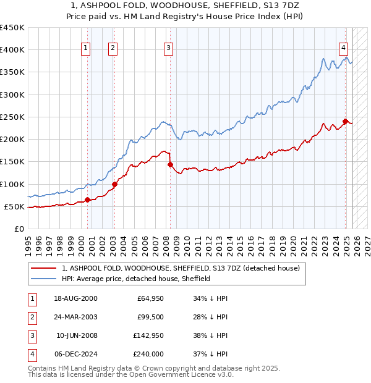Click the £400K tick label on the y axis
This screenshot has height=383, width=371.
point(12,50)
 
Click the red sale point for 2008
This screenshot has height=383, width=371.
point(169,164)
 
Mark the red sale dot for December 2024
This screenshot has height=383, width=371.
point(346,121)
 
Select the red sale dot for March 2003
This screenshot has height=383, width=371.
point(114,183)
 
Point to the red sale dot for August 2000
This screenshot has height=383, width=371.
point(87,200)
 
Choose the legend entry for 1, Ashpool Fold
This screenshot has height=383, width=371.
point(181,268)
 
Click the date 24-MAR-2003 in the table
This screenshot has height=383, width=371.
point(75,317)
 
